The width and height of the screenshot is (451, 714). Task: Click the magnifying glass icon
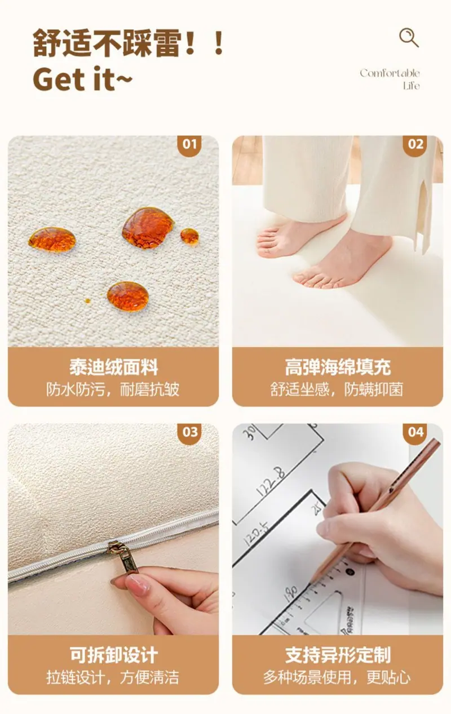click(409, 38)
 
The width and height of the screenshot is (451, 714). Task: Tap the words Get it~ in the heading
click(82, 79)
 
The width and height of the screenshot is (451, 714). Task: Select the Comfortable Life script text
click(390, 79)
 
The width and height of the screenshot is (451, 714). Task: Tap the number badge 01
click(190, 144)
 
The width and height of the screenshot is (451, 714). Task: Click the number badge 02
click(415, 144)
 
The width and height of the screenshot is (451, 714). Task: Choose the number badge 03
click(190, 432)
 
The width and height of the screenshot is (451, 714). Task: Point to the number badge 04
click(415, 432)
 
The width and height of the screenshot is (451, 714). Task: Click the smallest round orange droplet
click(87, 300)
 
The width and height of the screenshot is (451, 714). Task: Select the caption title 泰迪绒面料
click(113, 367)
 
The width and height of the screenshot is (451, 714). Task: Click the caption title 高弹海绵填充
click(338, 367)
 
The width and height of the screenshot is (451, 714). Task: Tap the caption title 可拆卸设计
click(113, 655)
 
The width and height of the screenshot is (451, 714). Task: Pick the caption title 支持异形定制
click(338, 655)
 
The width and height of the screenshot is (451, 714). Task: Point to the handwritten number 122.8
click(271, 482)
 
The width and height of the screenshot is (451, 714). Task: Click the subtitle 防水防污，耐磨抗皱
click(113, 389)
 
